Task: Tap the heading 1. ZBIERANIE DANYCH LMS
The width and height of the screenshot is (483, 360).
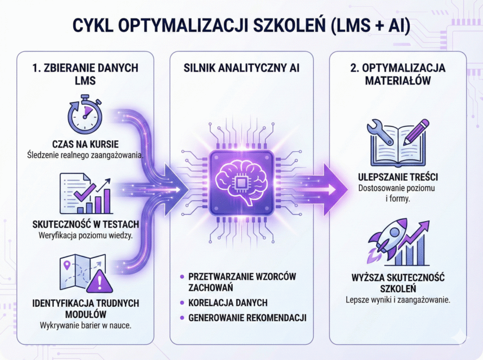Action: (84, 74)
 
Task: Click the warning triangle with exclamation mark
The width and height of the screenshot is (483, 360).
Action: (100, 282)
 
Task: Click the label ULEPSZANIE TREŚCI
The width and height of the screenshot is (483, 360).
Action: (398, 177)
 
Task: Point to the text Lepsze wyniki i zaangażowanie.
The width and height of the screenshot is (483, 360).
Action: (398, 299)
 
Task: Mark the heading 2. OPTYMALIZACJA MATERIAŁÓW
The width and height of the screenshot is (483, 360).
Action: (398, 74)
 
